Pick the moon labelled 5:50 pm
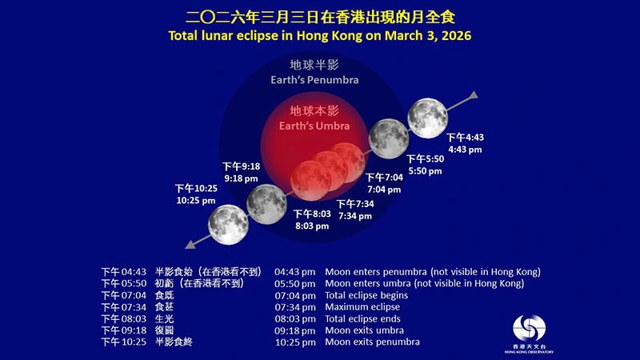[388, 137]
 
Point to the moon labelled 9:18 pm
[266, 203]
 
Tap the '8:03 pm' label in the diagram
[312, 226]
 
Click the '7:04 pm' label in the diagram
[383, 190]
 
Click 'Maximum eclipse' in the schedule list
[362, 306]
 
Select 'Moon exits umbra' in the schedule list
[364, 330]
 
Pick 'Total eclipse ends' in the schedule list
[364, 318]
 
